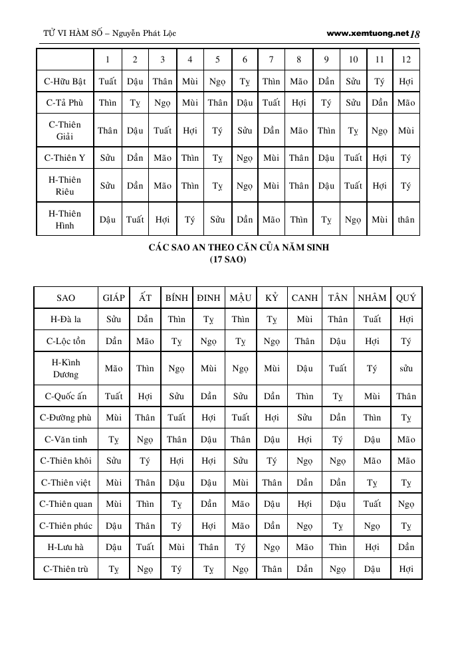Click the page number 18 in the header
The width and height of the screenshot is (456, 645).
tap(416, 34)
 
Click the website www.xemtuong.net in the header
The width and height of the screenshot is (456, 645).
tap(368, 33)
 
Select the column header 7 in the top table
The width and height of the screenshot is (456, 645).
tap(271, 60)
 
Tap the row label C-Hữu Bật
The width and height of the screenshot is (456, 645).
tap(65, 82)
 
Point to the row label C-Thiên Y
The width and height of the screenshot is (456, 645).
tap(65, 158)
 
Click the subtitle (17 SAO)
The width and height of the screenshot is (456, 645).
tap(228, 259)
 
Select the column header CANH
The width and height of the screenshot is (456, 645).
tap(304, 298)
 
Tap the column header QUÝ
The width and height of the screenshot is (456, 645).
tap(405, 298)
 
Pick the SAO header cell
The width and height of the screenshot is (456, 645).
tap(66, 298)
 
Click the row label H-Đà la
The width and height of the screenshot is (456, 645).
tap(66, 320)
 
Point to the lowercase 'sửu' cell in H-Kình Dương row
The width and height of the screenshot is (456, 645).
tap(405, 369)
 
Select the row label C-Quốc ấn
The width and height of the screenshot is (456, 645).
tap(66, 397)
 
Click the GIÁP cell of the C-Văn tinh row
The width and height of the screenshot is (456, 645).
tap(114, 440)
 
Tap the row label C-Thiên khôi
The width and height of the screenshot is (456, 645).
tap(66, 461)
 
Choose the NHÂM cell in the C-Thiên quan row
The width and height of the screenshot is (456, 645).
tap(372, 504)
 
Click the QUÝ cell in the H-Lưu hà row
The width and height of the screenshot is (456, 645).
tap(405, 547)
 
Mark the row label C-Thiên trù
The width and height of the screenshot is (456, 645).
tap(66, 569)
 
